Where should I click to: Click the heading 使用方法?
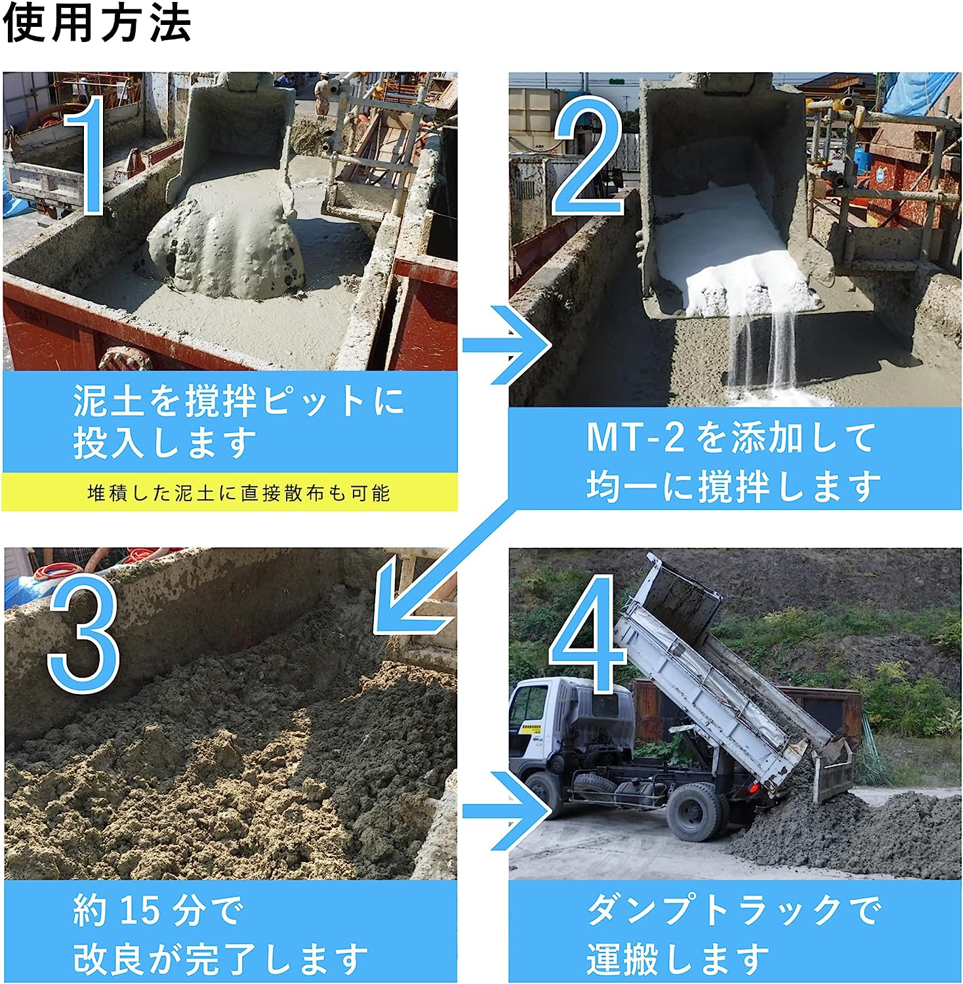(97, 25)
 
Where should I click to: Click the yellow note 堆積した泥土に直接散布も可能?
(239, 493)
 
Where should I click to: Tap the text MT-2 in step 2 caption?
(636, 438)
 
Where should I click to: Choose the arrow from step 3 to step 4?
(508, 811)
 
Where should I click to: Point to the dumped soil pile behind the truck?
(846, 830)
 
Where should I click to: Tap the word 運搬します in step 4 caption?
(677, 958)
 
